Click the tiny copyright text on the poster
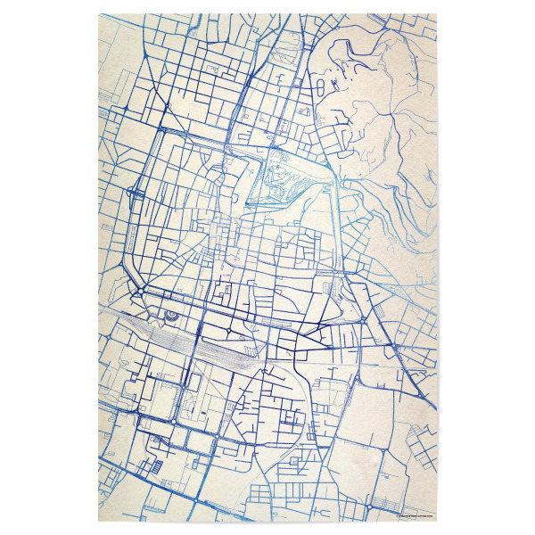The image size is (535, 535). pos(411,514)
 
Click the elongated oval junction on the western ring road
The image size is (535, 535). pos(134,191)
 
